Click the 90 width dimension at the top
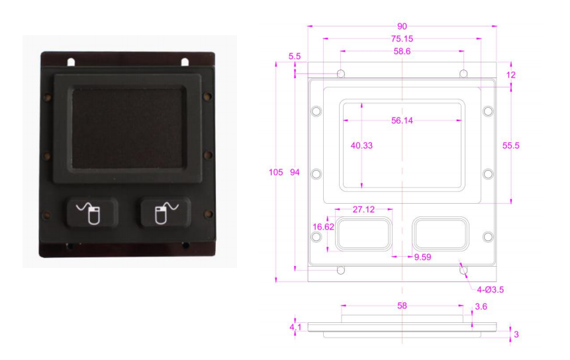[x=402, y=26]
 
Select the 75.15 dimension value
[x=402, y=39]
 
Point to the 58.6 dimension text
[x=402, y=51]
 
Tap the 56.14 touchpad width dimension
[x=403, y=120]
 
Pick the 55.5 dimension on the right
[x=524, y=145]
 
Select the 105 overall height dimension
[x=275, y=173]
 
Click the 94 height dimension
[x=295, y=173]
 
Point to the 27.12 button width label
[x=363, y=210]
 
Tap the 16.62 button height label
[x=322, y=227]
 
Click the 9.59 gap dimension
[x=422, y=257]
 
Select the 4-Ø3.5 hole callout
[x=491, y=289]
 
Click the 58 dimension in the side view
[x=402, y=306]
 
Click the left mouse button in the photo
[x=92, y=214]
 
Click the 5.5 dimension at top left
[x=295, y=58]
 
